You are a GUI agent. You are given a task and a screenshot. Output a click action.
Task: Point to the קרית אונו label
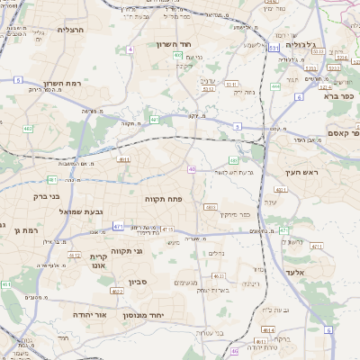point(99,261)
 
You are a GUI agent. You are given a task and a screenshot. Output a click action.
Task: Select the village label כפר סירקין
point(233,214)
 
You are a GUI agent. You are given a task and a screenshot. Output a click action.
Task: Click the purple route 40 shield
point(192,168)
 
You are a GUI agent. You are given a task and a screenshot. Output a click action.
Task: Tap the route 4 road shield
point(130,49)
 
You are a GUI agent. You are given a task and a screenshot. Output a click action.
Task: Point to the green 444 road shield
point(274,86)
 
